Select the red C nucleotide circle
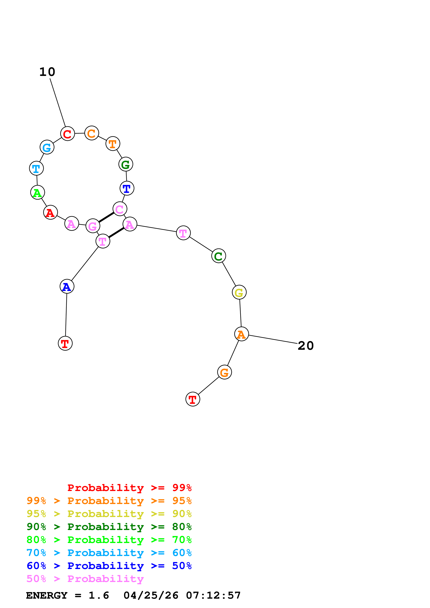67,134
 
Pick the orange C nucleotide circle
92,133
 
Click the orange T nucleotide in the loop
113,144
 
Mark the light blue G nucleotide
47,147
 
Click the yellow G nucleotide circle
239,293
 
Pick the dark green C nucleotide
219,256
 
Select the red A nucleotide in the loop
50,212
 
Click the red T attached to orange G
193,399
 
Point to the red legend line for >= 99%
129,488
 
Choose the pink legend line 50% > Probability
85,579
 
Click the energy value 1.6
99,596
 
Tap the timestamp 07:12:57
213,596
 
